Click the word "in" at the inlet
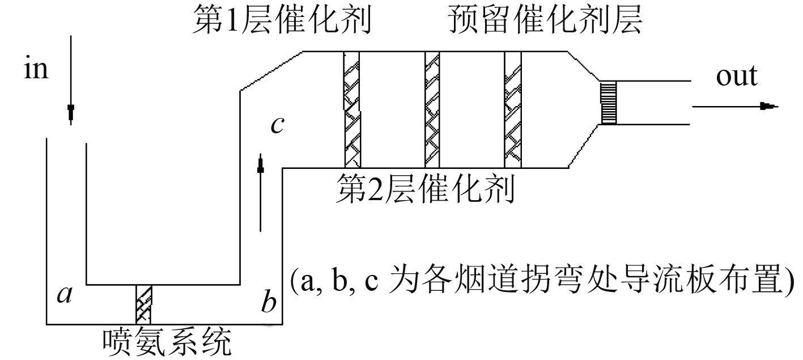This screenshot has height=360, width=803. click(x=36, y=69)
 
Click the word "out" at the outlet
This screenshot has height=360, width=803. click(x=736, y=77)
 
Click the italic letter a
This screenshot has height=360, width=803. click(x=65, y=294)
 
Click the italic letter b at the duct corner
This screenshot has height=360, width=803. click(x=269, y=302)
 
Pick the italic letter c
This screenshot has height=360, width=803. click(x=277, y=124)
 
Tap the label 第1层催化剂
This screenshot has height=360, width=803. click(x=283, y=22)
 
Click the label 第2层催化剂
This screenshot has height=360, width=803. click(x=426, y=189)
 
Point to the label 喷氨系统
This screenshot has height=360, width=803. click(x=168, y=342)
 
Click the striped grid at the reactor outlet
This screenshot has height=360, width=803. click(x=608, y=102)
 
